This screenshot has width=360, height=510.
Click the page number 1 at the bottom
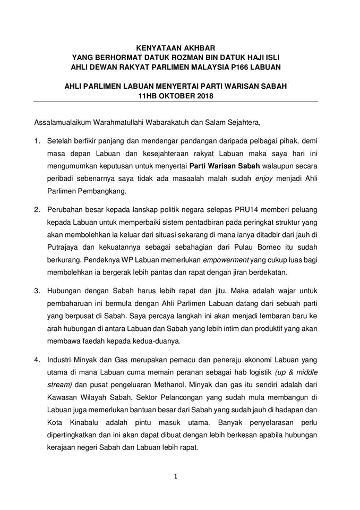176,477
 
